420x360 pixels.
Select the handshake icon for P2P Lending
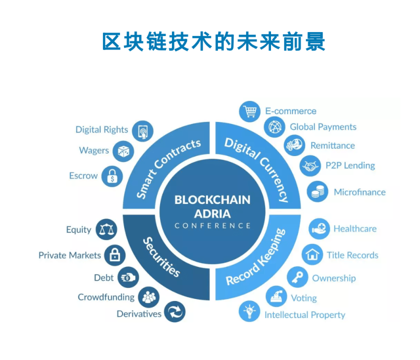click(x=310, y=165)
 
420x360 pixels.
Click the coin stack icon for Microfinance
click(x=317, y=192)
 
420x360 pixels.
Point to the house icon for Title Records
click(x=312, y=254)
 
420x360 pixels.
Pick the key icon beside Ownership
click(x=297, y=277)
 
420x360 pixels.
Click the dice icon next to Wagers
click(x=122, y=150)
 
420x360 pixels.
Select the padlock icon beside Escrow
click(x=112, y=176)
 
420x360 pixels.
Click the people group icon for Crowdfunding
click(x=148, y=297)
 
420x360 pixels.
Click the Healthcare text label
click(x=355, y=228)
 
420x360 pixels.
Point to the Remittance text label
click(x=332, y=145)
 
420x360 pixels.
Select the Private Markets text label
click(x=69, y=255)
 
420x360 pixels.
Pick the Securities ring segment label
click(x=161, y=257)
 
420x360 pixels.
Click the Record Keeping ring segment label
click(x=255, y=257)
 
